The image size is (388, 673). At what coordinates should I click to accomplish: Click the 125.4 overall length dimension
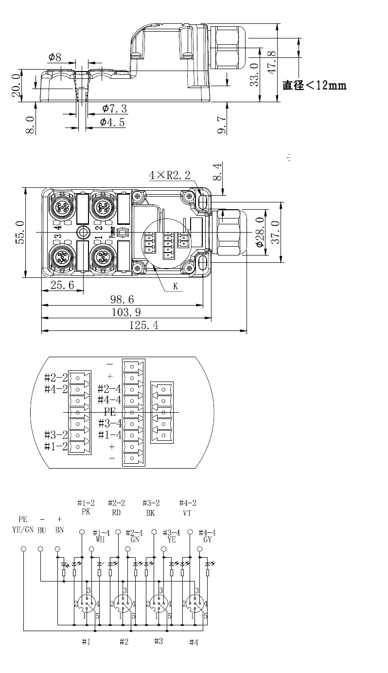tap(143, 325)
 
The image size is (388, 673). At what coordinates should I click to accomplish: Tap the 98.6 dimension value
tap(122, 299)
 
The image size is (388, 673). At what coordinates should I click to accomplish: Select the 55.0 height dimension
tap(20, 232)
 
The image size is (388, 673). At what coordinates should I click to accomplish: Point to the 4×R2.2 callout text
tap(170, 175)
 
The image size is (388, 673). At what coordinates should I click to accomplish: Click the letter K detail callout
tap(176, 286)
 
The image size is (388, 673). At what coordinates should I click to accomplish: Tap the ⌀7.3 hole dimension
tap(114, 109)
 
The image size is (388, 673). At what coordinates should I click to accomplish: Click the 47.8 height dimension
tap(272, 62)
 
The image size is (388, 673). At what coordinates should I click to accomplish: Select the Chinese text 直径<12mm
tap(315, 85)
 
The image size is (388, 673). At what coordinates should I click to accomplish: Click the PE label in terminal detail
tap(110, 411)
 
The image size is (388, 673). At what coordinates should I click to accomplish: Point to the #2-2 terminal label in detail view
tap(56, 377)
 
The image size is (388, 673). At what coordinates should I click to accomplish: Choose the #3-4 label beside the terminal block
tap(110, 423)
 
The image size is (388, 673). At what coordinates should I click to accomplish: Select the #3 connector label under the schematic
tap(159, 641)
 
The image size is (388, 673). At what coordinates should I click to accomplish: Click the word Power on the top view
tap(112, 232)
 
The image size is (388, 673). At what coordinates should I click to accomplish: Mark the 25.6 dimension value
tap(62, 285)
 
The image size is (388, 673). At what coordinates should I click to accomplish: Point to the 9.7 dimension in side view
tap(221, 125)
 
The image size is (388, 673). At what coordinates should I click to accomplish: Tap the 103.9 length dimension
tap(126, 312)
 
